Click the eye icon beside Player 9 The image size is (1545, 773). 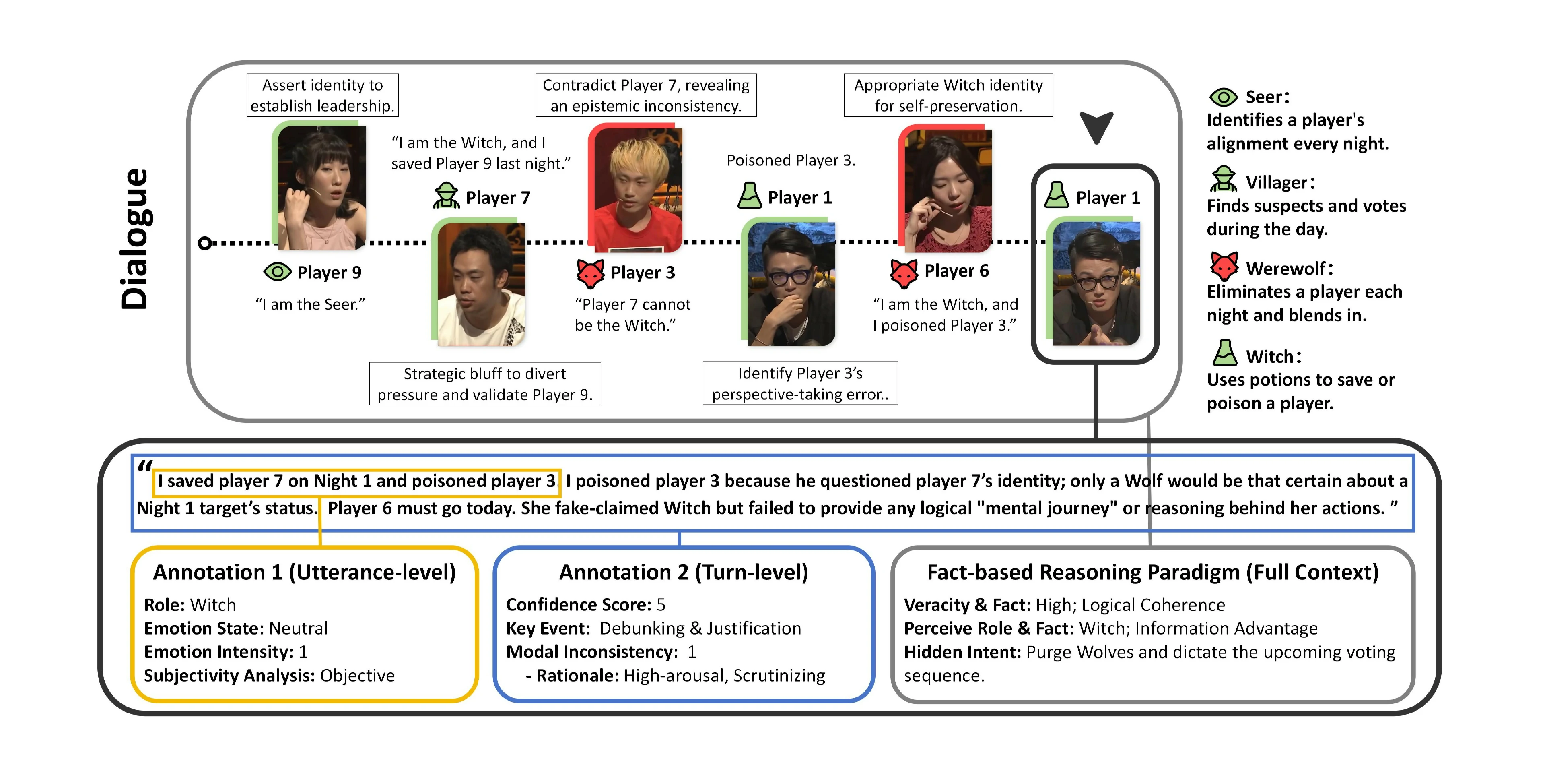click(x=277, y=272)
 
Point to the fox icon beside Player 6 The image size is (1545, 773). click(x=904, y=273)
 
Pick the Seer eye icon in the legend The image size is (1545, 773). click(x=1223, y=97)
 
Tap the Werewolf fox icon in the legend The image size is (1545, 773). click(x=1224, y=267)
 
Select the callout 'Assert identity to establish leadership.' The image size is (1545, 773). click(x=323, y=95)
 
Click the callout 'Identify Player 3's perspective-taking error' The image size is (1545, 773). click(x=800, y=384)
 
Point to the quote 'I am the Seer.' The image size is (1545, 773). click(x=310, y=304)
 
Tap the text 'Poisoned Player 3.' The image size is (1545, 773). click(x=791, y=160)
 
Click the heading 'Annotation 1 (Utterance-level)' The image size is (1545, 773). click(x=304, y=572)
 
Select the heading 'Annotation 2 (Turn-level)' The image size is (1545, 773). click(x=683, y=572)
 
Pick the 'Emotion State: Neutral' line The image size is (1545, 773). click(x=236, y=628)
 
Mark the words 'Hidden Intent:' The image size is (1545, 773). click(x=962, y=652)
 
